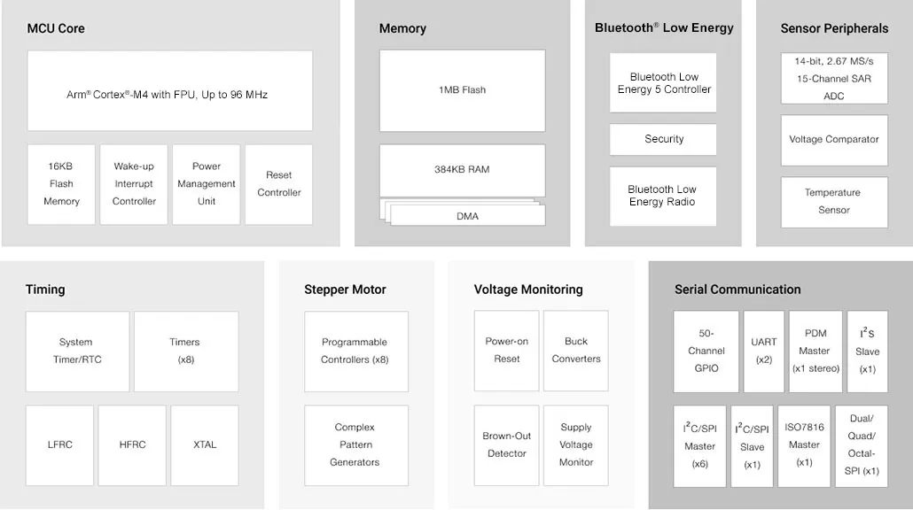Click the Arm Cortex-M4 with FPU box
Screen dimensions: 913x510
170,90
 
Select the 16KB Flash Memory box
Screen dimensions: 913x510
61,184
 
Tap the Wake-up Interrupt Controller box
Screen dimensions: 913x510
134,184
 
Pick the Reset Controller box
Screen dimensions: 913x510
279,184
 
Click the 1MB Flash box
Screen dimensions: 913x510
463,90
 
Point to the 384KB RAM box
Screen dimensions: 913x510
463,170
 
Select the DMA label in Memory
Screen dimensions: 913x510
467,216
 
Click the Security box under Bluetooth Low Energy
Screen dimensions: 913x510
663,139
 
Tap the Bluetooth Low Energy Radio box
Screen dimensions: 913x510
663,196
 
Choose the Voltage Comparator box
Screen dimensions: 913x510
834,140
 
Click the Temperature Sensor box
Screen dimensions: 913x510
834,202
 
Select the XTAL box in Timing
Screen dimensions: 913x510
205,444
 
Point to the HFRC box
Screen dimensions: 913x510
132,444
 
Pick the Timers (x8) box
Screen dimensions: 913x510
186,352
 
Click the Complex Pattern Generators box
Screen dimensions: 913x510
356,444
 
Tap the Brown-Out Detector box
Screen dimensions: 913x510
506,444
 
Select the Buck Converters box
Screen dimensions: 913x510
576,351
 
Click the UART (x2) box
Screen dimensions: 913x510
764,352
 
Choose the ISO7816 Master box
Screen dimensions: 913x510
804,446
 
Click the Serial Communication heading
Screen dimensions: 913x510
737,290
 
